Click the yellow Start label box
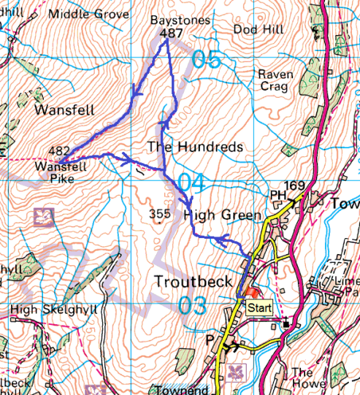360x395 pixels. [259, 308]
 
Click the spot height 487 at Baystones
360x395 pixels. [171, 33]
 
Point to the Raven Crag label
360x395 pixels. [275, 80]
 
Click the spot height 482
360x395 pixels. [59, 150]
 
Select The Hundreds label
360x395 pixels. [195, 147]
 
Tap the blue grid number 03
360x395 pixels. [193, 305]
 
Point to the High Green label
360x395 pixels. [222, 215]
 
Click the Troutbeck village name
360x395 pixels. [194, 282]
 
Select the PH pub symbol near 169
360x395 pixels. [277, 196]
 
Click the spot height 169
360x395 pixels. [294, 185]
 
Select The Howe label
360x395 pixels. [302, 377]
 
